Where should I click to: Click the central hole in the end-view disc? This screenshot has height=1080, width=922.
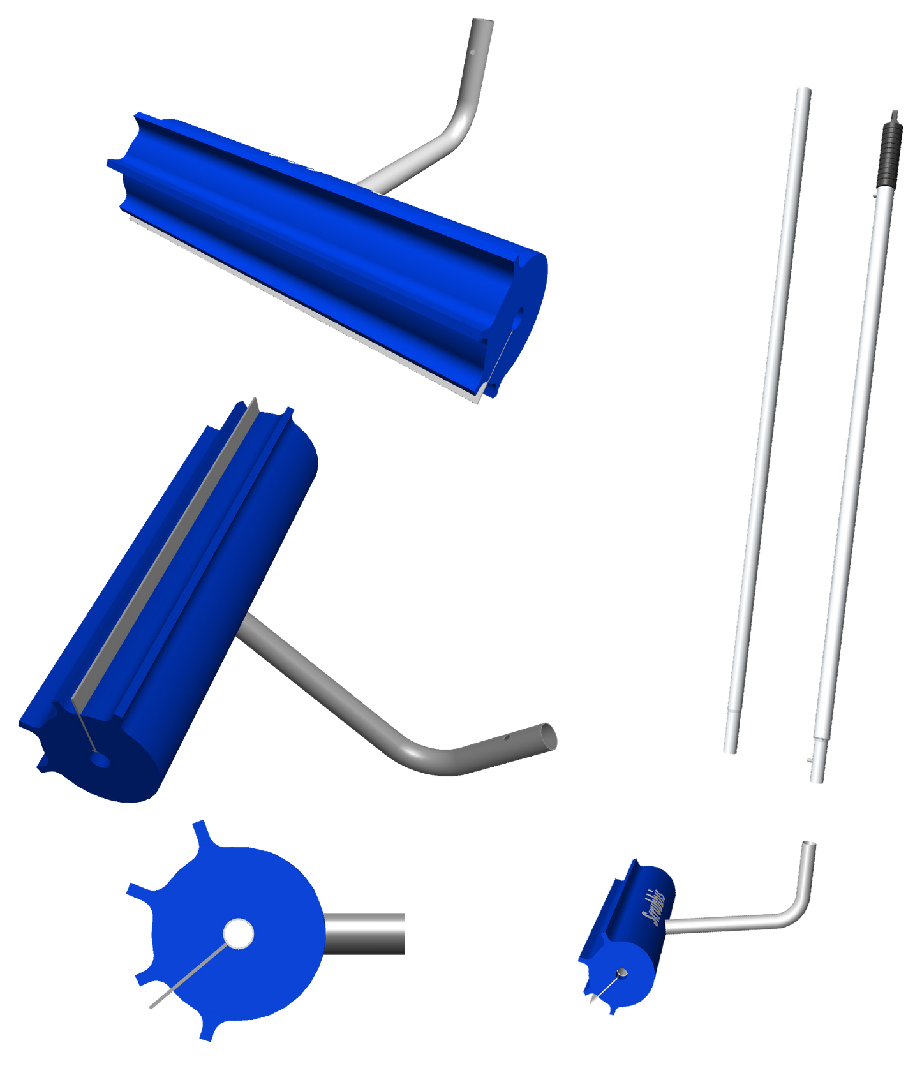[x=238, y=934]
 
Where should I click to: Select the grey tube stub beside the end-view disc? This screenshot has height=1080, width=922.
[x=366, y=934]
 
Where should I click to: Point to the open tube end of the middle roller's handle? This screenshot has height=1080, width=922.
[x=547, y=737]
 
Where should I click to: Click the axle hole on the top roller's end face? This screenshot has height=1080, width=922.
[x=517, y=314]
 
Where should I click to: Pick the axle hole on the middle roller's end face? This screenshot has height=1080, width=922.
[x=100, y=760]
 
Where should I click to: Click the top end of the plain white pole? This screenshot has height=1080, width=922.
[x=803, y=89]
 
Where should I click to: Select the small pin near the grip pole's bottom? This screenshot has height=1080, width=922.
[x=808, y=759]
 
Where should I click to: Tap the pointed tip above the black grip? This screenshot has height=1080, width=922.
[x=895, y=114]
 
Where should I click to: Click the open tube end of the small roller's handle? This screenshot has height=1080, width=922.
[x=809, y=843]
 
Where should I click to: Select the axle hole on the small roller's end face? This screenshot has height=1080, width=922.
[x=621, y=973]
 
